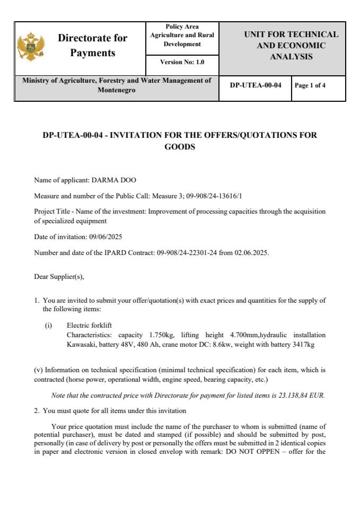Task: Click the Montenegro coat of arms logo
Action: click(31, 47)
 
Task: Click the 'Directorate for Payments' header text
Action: click(92, 46)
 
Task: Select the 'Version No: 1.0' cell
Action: click(182, 62)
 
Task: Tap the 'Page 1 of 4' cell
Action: click(310, 85)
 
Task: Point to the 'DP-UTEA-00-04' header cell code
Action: click(255, 85)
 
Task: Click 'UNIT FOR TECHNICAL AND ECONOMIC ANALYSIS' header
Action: click(291, 46)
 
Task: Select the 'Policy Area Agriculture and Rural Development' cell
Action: click(182, 36)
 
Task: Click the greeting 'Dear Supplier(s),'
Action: click(59, 276)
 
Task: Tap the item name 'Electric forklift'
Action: click(89, 325)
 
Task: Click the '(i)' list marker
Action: click(48, 325)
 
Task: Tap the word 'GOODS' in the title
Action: click(180, 147)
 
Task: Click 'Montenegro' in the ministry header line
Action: click(116, 90)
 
